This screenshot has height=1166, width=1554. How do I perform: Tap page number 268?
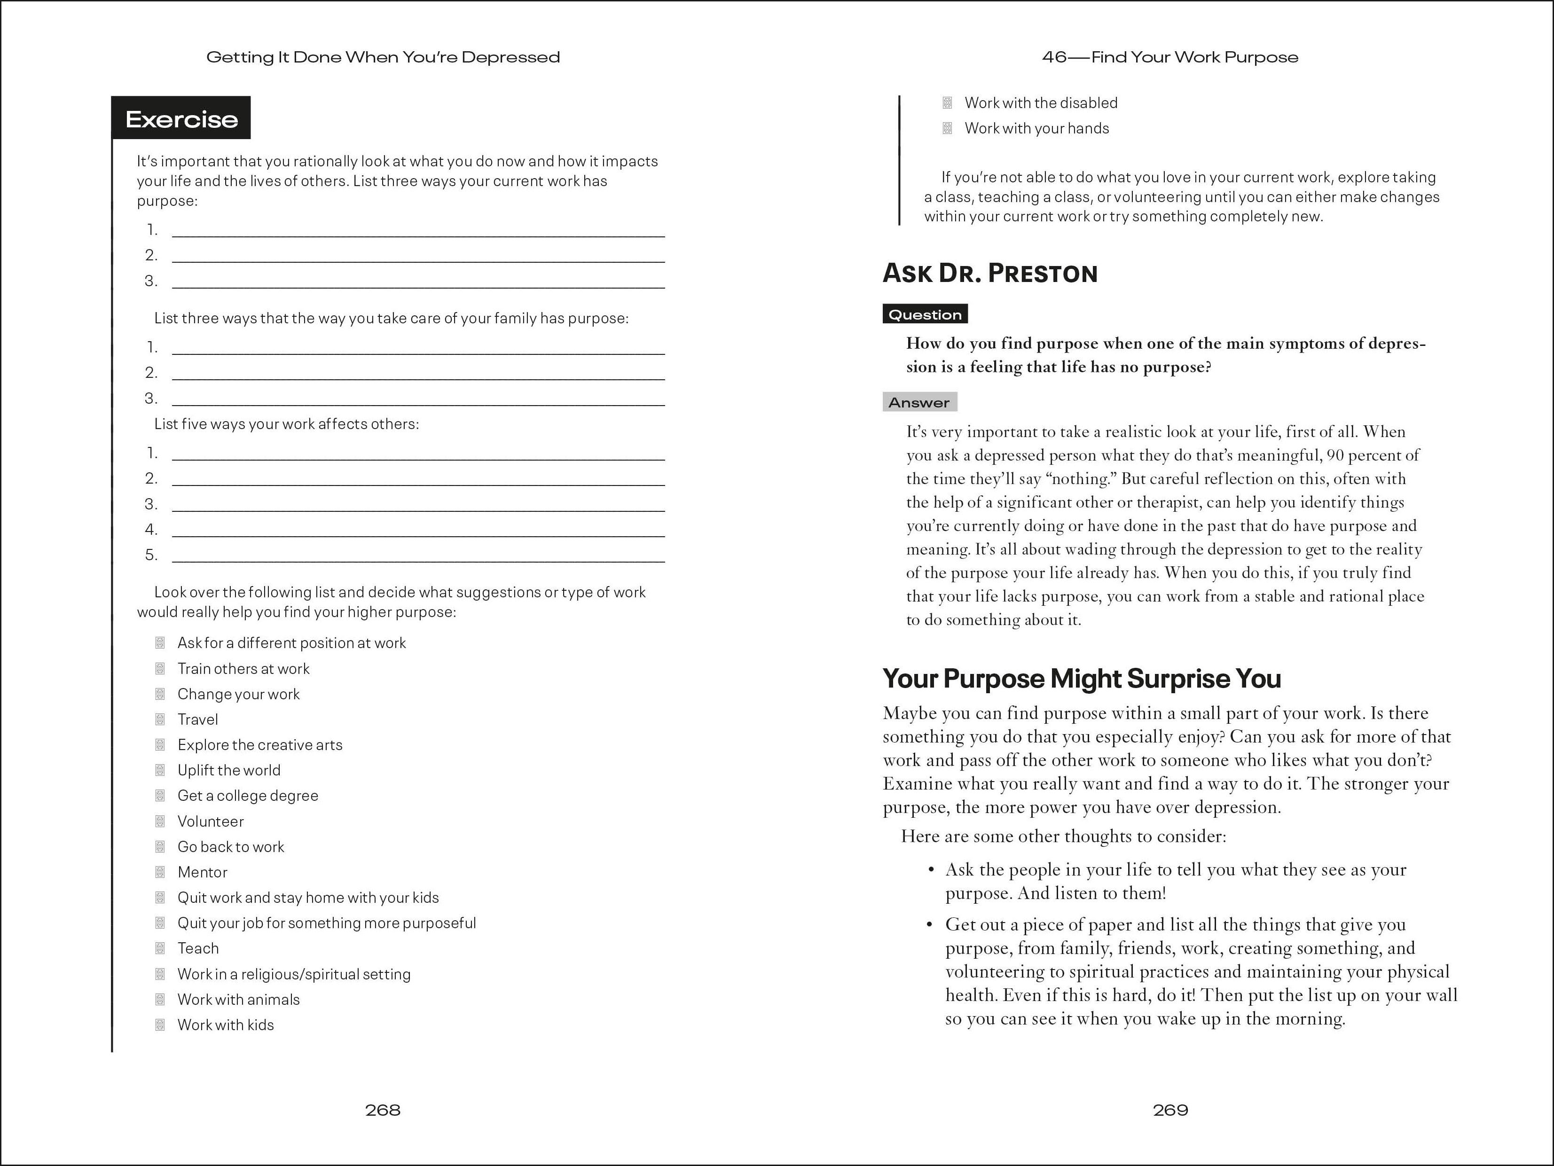[x=383, y=1110]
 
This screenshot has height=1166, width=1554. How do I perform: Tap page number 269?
[x=1170, y=1110]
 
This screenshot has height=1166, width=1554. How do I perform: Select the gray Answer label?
[x=919, y=402]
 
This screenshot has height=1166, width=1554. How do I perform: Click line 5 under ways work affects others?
[x=418, y=556]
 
